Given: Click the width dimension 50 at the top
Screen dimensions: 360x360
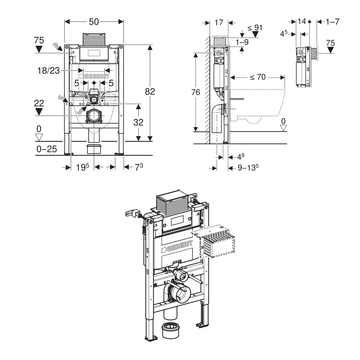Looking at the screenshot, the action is click(94, 22).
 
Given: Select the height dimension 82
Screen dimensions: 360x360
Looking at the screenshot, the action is click(150, 91).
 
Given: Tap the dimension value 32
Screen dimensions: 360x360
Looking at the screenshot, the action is click(138, 122).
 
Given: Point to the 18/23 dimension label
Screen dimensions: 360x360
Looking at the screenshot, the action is click(49, 70).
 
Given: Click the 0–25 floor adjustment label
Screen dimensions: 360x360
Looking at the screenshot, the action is click(47, 149).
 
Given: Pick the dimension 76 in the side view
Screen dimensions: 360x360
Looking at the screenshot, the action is click(196, 92).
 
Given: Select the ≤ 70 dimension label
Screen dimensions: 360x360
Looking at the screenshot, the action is click(258, 77).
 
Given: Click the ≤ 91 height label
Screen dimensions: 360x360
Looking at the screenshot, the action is click(255, 28).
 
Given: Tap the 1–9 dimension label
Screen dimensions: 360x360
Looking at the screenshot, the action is click(242, 42).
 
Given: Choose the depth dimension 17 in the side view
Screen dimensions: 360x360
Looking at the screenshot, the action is click(219, 22).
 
